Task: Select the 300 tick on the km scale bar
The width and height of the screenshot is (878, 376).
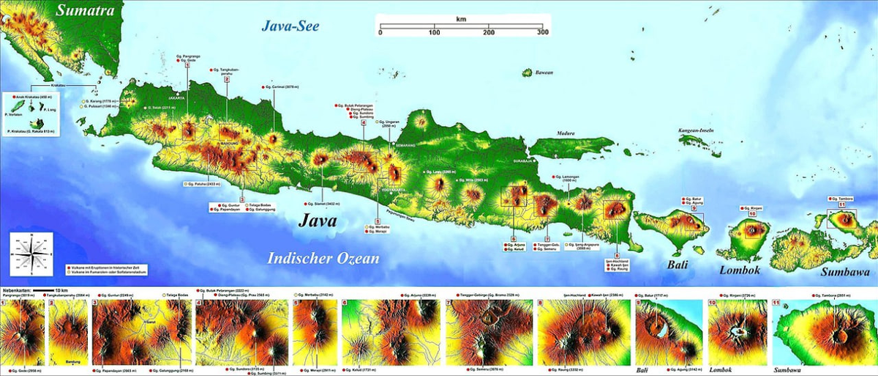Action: click(542, 33)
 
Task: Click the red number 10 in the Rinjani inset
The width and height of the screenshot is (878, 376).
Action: click(714, 303)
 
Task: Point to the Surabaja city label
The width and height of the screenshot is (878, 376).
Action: click(521, 158)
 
